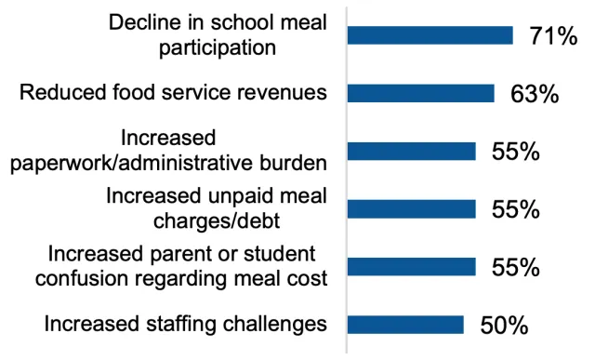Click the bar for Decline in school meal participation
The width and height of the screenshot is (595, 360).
pos(430,35)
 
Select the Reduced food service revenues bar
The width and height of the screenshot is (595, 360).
pos(420,93)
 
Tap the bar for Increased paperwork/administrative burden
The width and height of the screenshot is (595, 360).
pos(411,152)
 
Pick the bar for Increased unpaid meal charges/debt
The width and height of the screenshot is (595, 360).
pos(411,209)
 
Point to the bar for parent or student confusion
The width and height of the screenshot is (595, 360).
pos(411,267)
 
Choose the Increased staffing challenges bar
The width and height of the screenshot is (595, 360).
pos(405,325)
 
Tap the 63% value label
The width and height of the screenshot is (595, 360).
pos(534,94)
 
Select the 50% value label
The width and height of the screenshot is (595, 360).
pos(504,326)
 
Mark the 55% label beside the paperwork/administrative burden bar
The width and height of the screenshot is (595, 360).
pos(516,153)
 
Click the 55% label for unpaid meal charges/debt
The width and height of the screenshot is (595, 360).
pos(516,210)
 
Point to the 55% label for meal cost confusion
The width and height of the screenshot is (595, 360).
pos(516,268)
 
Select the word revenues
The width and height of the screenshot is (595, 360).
pos(284,93)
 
